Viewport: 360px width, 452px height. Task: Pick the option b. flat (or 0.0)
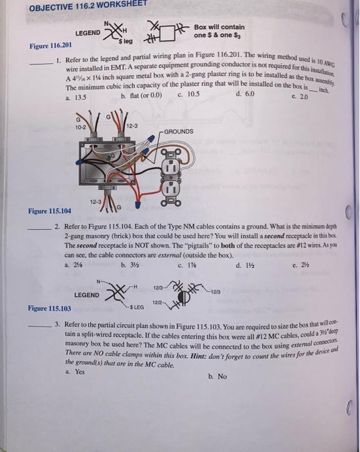point(141,97)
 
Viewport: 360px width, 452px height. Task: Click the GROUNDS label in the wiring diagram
point(179,131)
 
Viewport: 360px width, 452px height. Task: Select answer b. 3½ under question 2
point(126,264)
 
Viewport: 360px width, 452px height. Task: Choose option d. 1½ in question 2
point(243,263)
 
